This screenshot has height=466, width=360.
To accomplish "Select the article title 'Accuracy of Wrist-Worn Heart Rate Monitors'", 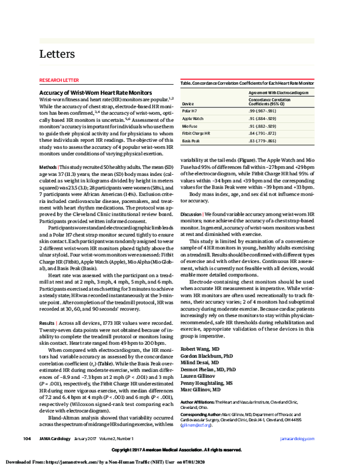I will pos(95,93).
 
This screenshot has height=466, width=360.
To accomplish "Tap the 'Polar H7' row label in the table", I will pos(188,112).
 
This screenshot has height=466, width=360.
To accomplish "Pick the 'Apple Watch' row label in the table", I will pos(192,119).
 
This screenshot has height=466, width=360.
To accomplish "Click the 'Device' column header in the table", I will pos(188,103).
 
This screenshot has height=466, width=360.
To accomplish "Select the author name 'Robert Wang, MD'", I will pos(200,348).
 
